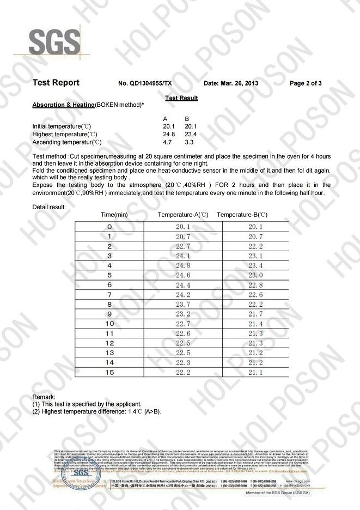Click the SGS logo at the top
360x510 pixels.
point(47,41)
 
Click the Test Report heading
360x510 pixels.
point(56,83)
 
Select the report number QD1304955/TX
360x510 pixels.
point(145,83)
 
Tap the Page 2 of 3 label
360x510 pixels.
point(306,83)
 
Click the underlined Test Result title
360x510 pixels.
point(181,98)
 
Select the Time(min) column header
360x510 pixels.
point(115,215)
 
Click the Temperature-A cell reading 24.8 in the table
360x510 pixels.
point(182,265)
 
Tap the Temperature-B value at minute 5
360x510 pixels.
point(255,275)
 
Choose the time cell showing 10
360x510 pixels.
point(109,324)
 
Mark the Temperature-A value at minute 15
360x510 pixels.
point(182,372)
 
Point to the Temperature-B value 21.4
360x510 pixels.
point(255,324)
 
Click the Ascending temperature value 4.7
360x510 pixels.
point(168,142)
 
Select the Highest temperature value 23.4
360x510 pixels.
point(190,134)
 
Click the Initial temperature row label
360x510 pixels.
point(65,126)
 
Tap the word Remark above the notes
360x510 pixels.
point(44,397)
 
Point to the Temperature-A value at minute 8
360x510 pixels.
point(182,304)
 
